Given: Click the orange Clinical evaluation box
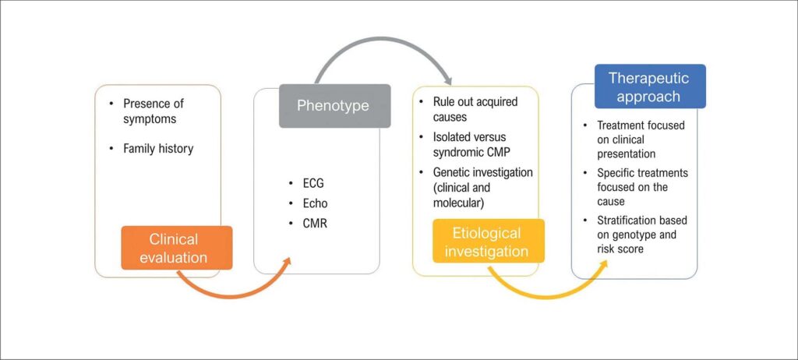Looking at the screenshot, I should pyautogui.click(x=176, y=248).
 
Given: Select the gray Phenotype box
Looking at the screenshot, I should pyautogui.click(x=334, y=105).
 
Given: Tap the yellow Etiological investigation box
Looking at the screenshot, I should pyautogui.click(x=489, y=242).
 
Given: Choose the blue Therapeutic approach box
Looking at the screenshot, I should pyautogui.click(x=650, y=86).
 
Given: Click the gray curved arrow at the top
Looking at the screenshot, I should pyautogui.click(x=382, y=43).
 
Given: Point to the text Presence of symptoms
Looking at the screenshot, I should pyautogui.click(x=154, y=111).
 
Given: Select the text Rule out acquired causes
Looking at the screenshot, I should pyautogui.click(x=475, y=110).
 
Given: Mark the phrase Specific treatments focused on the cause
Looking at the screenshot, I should pyautogui.click(x=642, y=180).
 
